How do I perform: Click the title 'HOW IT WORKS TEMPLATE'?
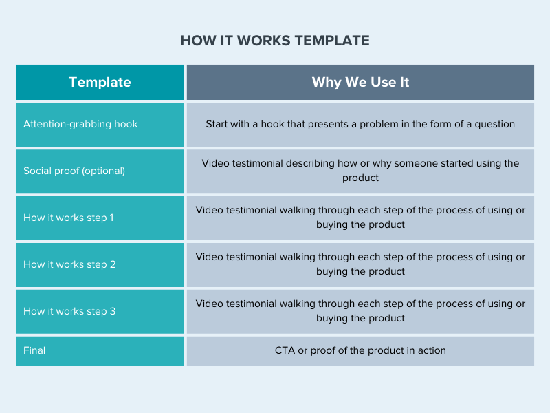pyautogui.click(x=275, y=41)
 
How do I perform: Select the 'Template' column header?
pyautogui.click(x=100, y=82)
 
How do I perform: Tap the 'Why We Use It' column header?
pyautogui.click(x=360, y=82)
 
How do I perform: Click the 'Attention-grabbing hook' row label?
pyautogui.click(x=80, y=125)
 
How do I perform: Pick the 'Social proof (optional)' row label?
pyautogui.click(x=74, y=171)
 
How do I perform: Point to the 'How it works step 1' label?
pyautogui.click(x=68, y=218)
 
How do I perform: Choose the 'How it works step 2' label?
pyautogui.click(x=69, y=264)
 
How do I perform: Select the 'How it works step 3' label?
pyautogui.click(x=69, y=311)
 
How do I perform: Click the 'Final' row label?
pyautogui.click(x=34, y=350)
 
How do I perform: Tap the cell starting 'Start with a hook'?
pyautogui.click(x=360, y=125)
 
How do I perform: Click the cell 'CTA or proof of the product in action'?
pyautogui.click(x=360, y=350)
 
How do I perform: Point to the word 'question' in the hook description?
pyautogui.click(x=494, y=125)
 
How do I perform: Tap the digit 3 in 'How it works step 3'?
pyautogui.click(x=113, y=311)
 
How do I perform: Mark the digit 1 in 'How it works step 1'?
pyautogui.click(x=111, y=218)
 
